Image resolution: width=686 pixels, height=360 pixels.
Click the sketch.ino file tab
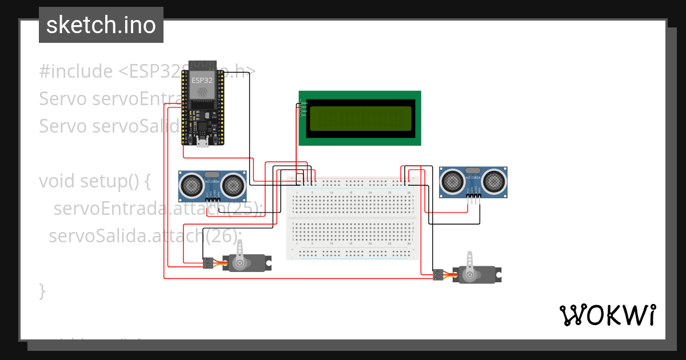[x=101, y=25]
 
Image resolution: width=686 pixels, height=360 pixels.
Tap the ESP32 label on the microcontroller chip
[x=202, y=80]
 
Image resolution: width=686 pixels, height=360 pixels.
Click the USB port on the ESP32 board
[x=202, y=142]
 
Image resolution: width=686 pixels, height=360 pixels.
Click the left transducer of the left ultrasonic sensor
[x=191, y=185]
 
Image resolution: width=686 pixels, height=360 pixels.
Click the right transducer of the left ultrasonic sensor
[x=233, y=185]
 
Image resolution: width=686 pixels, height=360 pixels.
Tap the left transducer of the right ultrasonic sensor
[x=452, y=181]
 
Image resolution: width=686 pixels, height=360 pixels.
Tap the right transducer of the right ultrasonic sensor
[x=494, y=181]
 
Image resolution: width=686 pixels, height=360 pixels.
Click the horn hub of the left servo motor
[x=240, y=263]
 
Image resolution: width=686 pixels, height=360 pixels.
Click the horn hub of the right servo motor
[x=470, y=275]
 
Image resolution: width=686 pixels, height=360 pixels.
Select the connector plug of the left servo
[x=208, y=263]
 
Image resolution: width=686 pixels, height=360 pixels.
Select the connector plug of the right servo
[x=438, y=275]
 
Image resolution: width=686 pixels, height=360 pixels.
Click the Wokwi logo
[x=607, y=315]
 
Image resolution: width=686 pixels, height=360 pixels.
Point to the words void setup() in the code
[x=94, y=181]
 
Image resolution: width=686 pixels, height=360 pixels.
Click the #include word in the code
[x=76, y=71]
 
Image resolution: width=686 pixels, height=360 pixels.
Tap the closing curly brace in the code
[x=42, y=290]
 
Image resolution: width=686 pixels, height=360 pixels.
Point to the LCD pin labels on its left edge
[x=303, y=109]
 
